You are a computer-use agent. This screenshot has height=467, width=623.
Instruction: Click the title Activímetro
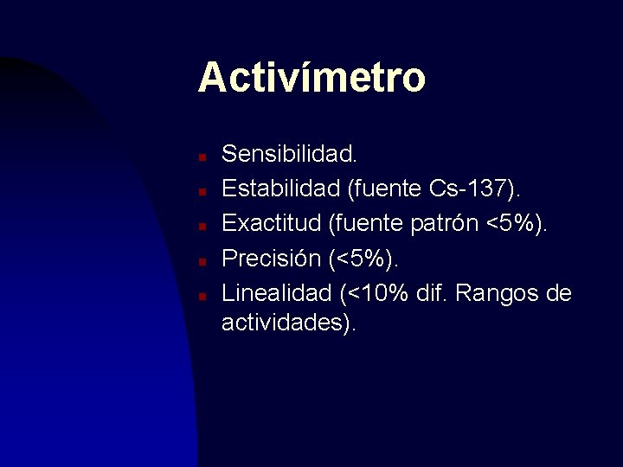(311, 77)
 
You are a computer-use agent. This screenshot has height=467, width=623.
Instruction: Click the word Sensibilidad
(289, 155)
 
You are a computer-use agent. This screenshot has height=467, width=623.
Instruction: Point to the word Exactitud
(272, 224)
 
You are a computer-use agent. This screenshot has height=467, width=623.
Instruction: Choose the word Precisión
(270, 259)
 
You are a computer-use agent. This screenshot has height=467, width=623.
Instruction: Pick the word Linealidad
(276, 293)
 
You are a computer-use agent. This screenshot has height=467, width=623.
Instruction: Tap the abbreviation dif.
(432, 293)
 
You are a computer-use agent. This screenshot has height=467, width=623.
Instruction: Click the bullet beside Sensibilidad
(200, 157)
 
